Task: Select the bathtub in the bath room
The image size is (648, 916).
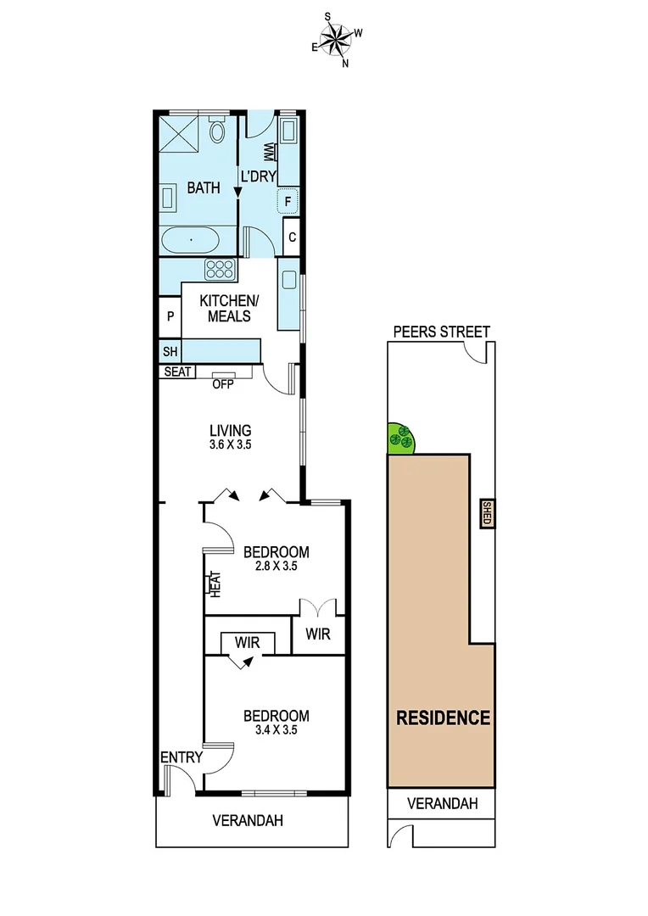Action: (x=191, y=240)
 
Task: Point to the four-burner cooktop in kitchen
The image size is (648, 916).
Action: (x=221, y=270)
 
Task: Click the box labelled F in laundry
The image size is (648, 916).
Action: (x=288, y=201)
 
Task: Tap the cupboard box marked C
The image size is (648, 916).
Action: (x=292, y=237)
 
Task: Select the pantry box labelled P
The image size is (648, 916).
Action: (x=170, y=316)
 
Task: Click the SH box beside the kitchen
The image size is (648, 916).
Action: (x=169, y=350)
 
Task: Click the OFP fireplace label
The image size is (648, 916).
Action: (x=223, y=384)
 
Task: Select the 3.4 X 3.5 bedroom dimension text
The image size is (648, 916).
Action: (x=276, y=729)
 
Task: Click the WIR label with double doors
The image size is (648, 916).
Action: (x=319, y=634)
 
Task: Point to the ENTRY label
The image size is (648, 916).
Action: (x=182, y=757)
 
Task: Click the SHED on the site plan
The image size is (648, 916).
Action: (x=487, y=514)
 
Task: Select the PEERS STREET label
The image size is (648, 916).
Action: (x=440, y=332)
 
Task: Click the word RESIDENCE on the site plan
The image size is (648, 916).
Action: (x=444, y=718)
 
